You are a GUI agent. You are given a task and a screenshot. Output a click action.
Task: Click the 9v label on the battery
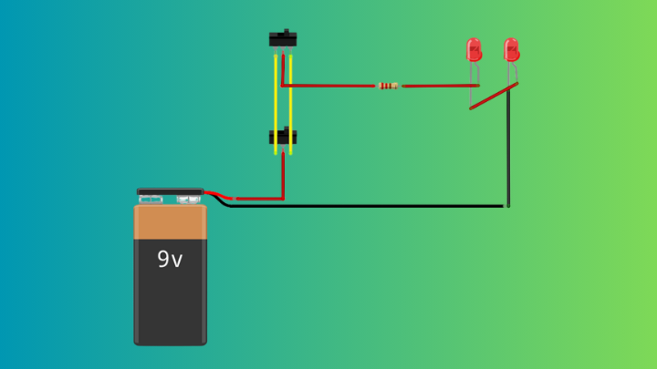point(170,260)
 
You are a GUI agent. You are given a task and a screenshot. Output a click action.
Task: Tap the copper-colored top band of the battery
point(171,221)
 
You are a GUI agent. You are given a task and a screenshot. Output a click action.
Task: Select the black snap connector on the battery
point(171,194)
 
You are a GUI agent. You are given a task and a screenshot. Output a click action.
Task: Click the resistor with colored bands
point(388,86)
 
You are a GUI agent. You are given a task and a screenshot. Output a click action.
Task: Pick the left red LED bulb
point(474,50)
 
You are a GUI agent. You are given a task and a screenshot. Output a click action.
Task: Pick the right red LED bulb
point(511,49)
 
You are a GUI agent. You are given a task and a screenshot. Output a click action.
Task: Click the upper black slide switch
point(283,38)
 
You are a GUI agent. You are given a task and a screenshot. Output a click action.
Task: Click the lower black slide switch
point(283,138)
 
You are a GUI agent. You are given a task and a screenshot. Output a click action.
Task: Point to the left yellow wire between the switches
point(275,91)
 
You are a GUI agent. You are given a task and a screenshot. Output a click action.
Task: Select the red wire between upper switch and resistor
point(328,86)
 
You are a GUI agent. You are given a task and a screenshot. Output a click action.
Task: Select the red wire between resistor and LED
point(438,86)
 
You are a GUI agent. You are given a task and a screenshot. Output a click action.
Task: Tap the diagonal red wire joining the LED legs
point(494,96)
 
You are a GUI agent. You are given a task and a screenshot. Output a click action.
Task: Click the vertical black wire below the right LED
point(507,146)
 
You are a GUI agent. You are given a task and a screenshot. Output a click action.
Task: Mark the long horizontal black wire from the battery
point(365,206)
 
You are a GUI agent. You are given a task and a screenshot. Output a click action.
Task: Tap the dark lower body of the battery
point(171,301)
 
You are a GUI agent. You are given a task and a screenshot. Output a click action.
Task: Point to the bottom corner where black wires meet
point(506,206)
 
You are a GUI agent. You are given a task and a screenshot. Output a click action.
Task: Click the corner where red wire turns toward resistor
point(283,86)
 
